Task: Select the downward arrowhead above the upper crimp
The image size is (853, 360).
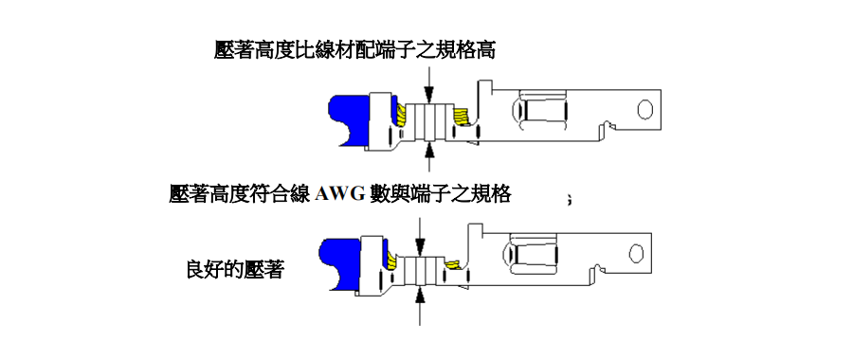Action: pyautogui.click(x=429, y=96)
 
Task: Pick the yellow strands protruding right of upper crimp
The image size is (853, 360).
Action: pyautogui.click(x=463, y=117)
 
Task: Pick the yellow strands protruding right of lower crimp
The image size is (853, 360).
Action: pyautogui.click(x=452, y=263)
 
